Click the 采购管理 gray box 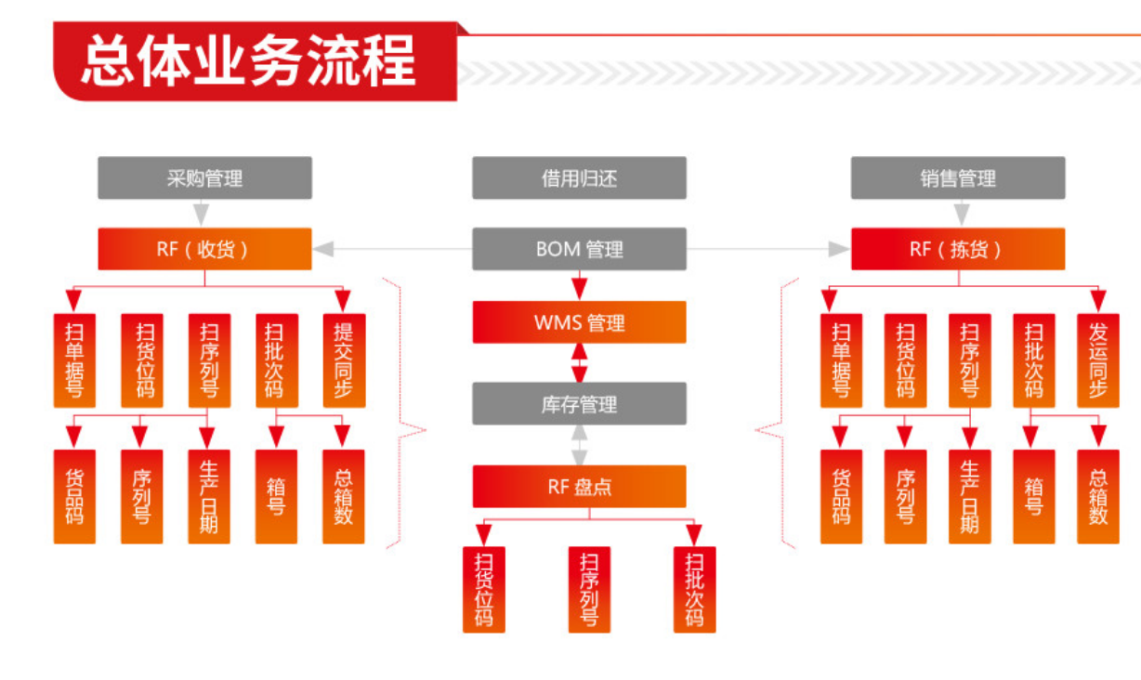204,177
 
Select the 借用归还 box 579,177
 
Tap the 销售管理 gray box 958,177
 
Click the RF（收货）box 204,249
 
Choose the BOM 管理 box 579,249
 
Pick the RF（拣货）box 958,249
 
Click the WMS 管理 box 579,322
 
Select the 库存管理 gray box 579,403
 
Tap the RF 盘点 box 579,486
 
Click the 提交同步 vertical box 344,360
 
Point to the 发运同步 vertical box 1098,360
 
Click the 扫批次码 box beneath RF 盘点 694,589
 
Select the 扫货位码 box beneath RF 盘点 484,589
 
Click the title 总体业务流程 249,61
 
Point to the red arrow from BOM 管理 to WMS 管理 580,285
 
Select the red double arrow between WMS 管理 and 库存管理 580,362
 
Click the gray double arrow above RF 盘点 580,445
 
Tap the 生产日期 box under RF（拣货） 969,496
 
